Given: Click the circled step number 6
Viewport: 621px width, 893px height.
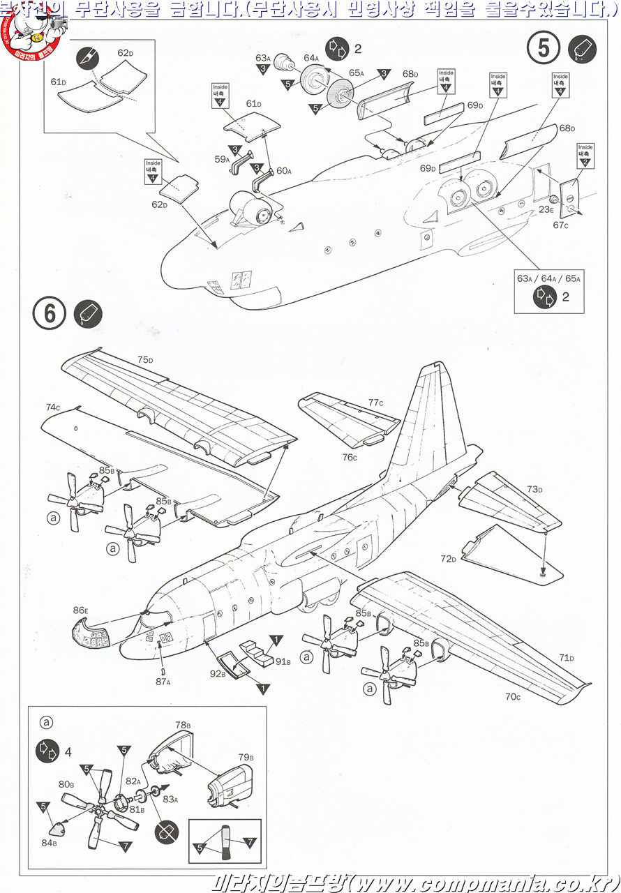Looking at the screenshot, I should [x=50, y=313].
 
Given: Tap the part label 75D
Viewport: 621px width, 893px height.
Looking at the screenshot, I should [x=145, y=360].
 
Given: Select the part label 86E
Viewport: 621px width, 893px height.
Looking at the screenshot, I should [x=81, y=610].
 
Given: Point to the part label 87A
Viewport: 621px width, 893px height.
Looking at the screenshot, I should [x=163, y=682].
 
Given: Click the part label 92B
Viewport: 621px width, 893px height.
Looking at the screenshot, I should [x=218, y=675].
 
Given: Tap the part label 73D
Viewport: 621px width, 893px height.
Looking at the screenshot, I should [x=535, y=489].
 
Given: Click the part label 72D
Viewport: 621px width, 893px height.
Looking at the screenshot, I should [x=448, y=560].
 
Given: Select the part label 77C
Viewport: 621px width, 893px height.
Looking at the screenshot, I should [x=376, y=403].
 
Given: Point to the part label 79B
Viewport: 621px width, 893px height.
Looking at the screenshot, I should [x=246, y=757].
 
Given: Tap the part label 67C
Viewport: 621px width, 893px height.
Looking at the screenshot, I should [x=562, y=225].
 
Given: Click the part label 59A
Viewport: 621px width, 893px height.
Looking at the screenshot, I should [x=222, y=160].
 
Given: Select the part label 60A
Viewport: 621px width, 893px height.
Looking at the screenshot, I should [x=283, y=171].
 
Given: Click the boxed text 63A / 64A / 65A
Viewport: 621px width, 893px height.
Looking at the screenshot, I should [x=548, y=278].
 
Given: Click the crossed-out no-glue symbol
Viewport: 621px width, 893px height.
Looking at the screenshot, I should [x=167, y=831].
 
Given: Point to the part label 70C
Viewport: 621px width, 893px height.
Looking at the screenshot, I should [x=513, y=696].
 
